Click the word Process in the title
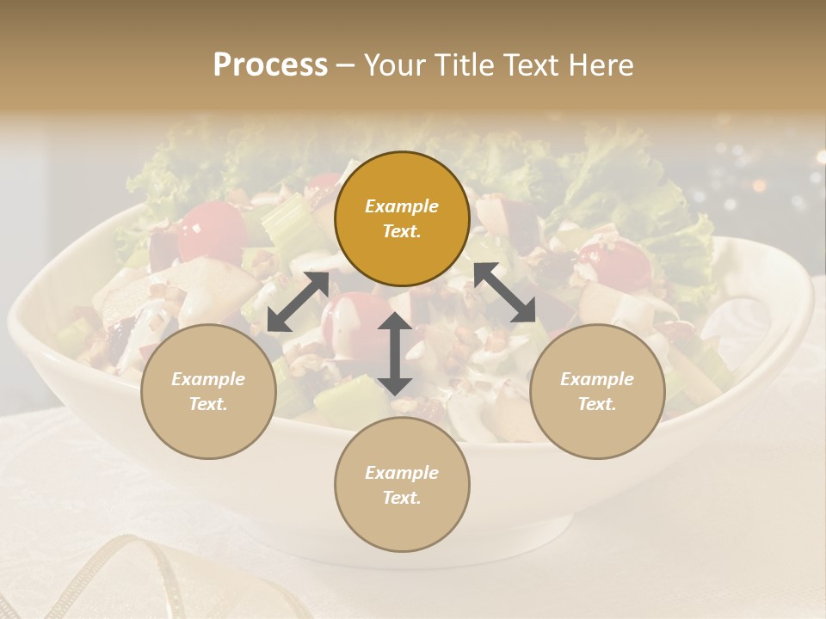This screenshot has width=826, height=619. pyautogui.click(x=270, y=65)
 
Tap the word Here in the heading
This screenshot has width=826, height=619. pyautogui.click(x=598, y=65)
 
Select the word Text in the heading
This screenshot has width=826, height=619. pyautogui.click(x=525, y=65)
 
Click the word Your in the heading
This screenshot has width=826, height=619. pyautogui.click(x=393, y=65)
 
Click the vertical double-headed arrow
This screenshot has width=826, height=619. pyautogui.click(x=395, y=354)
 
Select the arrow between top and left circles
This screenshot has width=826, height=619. pyautogui.click(x=298, y=302)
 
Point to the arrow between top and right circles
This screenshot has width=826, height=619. pyautogui.click(x=504, y=292)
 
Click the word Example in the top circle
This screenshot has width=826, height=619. pyautogui.click(x=402, y=206)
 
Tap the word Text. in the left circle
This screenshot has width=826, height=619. pyautogui.click(x=208, y=404)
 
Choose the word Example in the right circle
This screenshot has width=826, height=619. pyautogui.click(x=597, y=379)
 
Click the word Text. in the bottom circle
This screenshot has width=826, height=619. pyautogui.click(x=402, y=498)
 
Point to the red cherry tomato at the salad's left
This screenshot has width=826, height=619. pyautogui.click(x=211, y=230)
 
